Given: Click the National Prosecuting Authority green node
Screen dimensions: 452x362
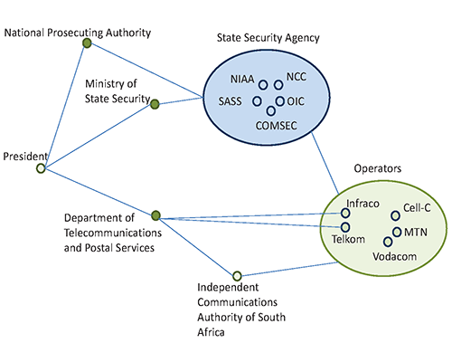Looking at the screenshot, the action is click(87, 43).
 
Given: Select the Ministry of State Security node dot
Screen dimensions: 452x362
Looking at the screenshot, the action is click(155, 104).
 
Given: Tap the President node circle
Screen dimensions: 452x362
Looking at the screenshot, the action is click(41, 168).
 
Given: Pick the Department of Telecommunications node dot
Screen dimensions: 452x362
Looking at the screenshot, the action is click(155, 215).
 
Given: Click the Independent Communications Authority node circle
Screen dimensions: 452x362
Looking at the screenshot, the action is click(237, 276).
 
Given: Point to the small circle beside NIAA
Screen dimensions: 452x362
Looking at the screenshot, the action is click(263, 85).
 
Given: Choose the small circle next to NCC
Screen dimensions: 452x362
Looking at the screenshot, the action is click(278, 85).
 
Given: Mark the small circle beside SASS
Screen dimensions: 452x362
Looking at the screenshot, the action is click(257, 101).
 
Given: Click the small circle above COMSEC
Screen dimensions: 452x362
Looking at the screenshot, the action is click(271, 111).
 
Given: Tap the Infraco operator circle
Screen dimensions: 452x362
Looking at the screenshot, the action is click(345, 213).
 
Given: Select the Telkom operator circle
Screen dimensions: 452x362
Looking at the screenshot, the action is click(345, 227).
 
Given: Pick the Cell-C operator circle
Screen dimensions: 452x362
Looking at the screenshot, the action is click(395, 215).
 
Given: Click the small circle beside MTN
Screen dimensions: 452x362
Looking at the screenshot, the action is click(397, 232).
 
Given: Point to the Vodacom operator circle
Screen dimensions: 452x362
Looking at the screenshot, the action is click(388, 242).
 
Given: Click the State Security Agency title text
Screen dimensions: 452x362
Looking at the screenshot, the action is click(268, 38).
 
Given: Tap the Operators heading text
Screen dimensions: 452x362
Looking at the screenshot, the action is click(378, 168).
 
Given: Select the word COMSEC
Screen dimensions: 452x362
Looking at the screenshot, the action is click(277, 126).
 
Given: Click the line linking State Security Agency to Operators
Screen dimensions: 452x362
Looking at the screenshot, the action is click(325, 163).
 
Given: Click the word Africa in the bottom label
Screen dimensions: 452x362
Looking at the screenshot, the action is click(211, 332).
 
